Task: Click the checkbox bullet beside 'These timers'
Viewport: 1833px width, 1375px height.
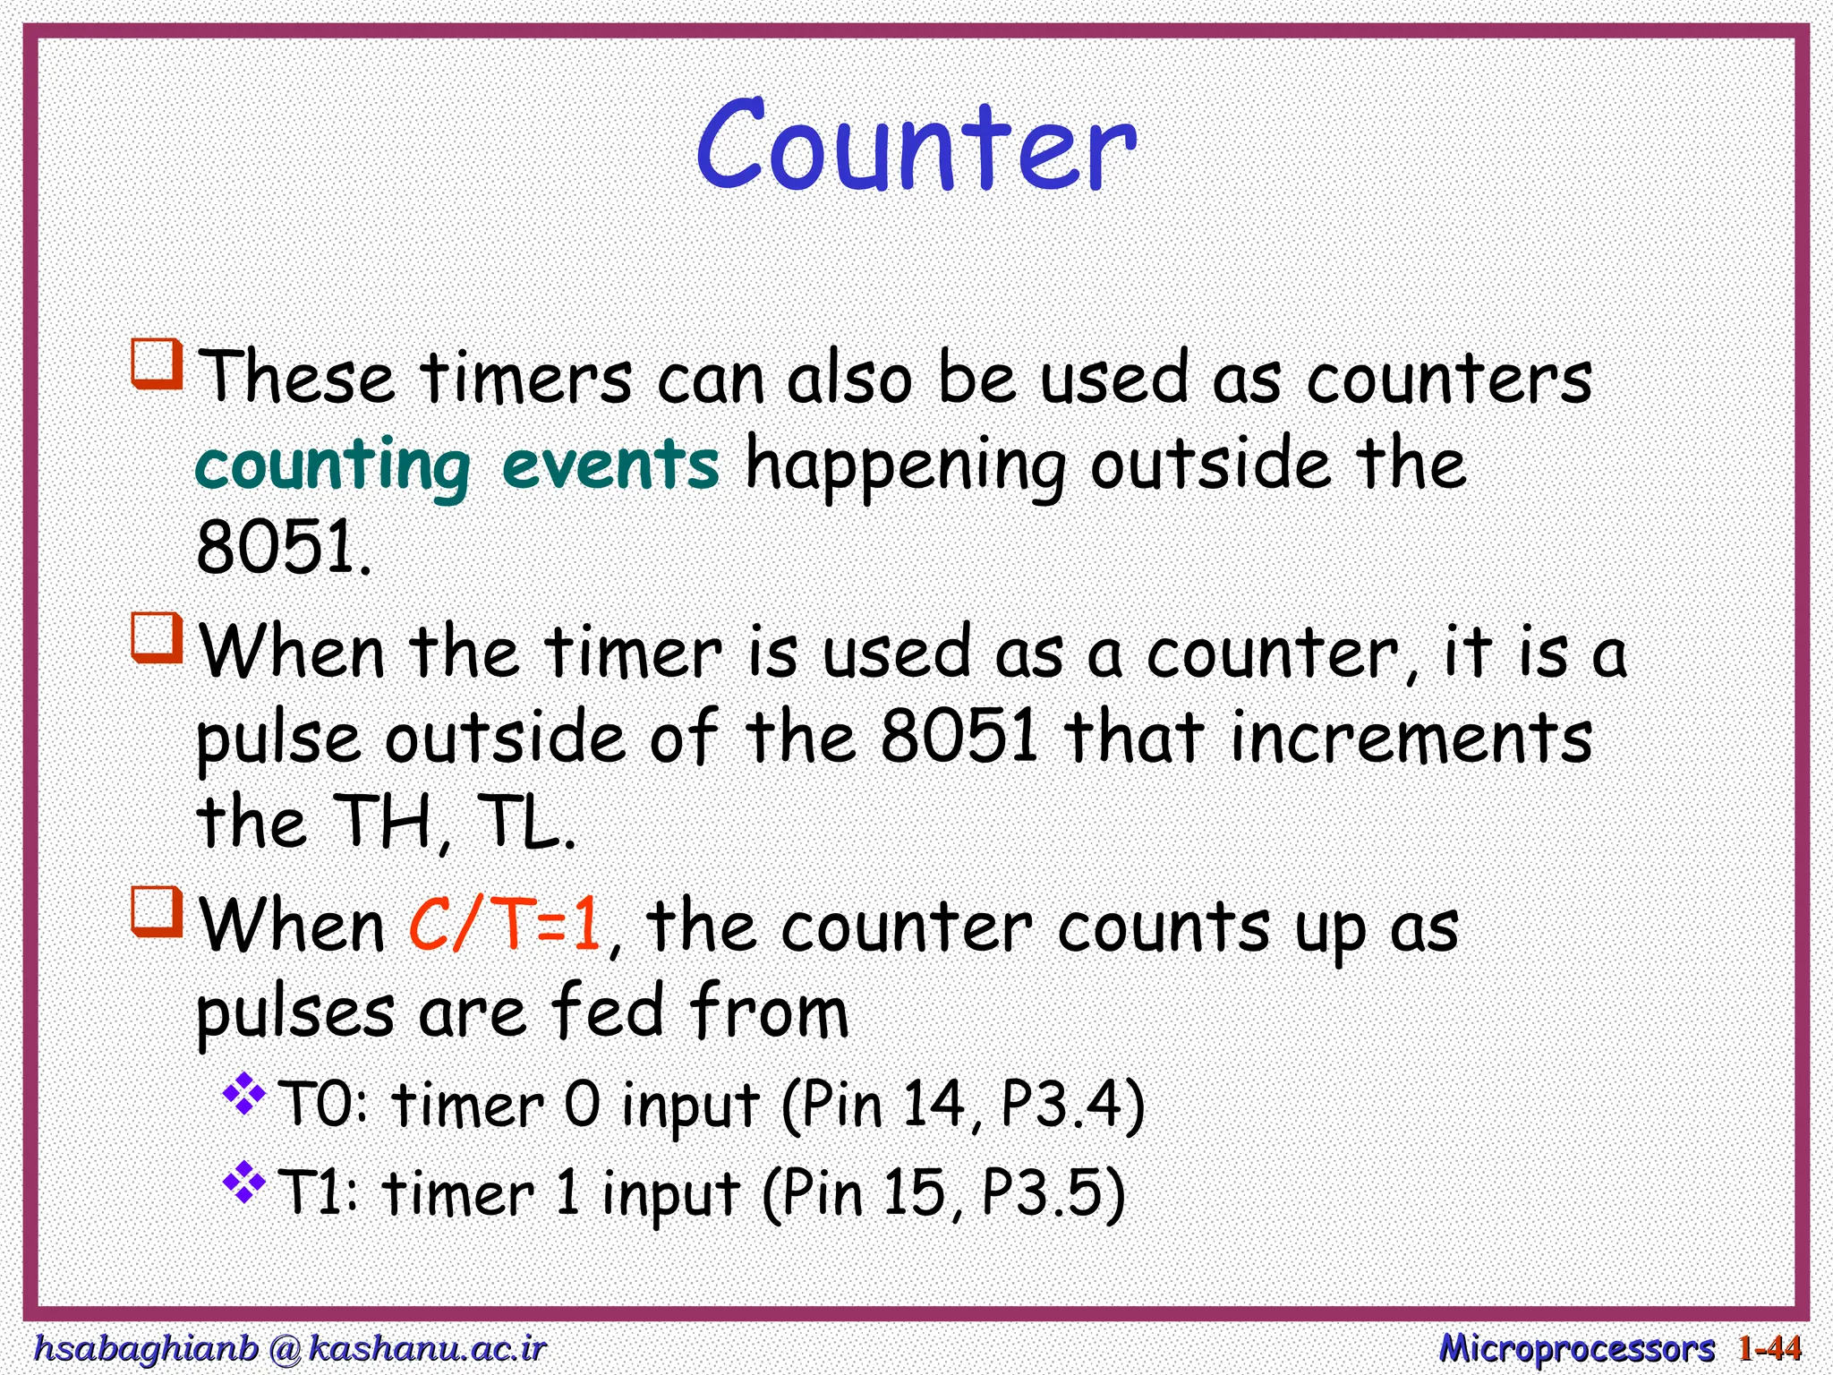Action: click(x=158, y=364)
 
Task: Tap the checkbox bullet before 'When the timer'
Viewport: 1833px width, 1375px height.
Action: click(x=158, y=638)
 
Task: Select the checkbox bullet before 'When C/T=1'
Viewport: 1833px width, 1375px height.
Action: click(x=158, y=912)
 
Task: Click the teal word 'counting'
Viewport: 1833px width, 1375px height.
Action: click(x=333, y=466)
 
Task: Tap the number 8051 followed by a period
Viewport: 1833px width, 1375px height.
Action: click(x=282, y=548)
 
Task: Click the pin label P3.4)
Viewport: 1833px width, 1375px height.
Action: click(x=1072, y=1105)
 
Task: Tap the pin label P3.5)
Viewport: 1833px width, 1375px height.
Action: click(x=1053, y=1193)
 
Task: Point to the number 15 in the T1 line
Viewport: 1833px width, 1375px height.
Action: click(x=914, y=1192)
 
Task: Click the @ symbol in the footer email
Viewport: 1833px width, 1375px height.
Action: click(x=284, y=1348)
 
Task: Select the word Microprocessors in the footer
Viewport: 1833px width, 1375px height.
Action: click(x=1576, y=1347)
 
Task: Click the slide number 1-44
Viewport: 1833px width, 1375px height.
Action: click(x=1769, y=1347)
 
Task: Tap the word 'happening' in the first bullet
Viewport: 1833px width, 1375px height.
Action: click(x=906, y=466)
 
